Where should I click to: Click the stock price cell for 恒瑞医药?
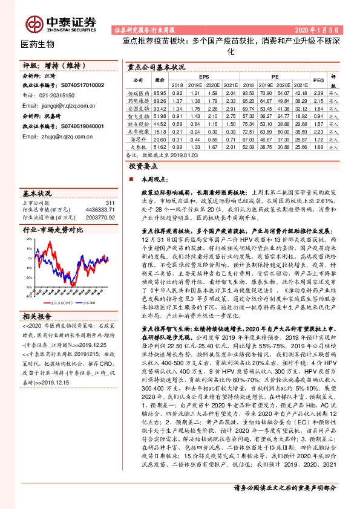(x=160, y=94)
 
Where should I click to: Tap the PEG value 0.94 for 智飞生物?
(x=318, y=115)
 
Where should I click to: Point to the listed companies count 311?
(x=110, y=203)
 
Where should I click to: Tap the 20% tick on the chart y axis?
(x=29, y=240)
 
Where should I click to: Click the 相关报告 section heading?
(x=38, y=299)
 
